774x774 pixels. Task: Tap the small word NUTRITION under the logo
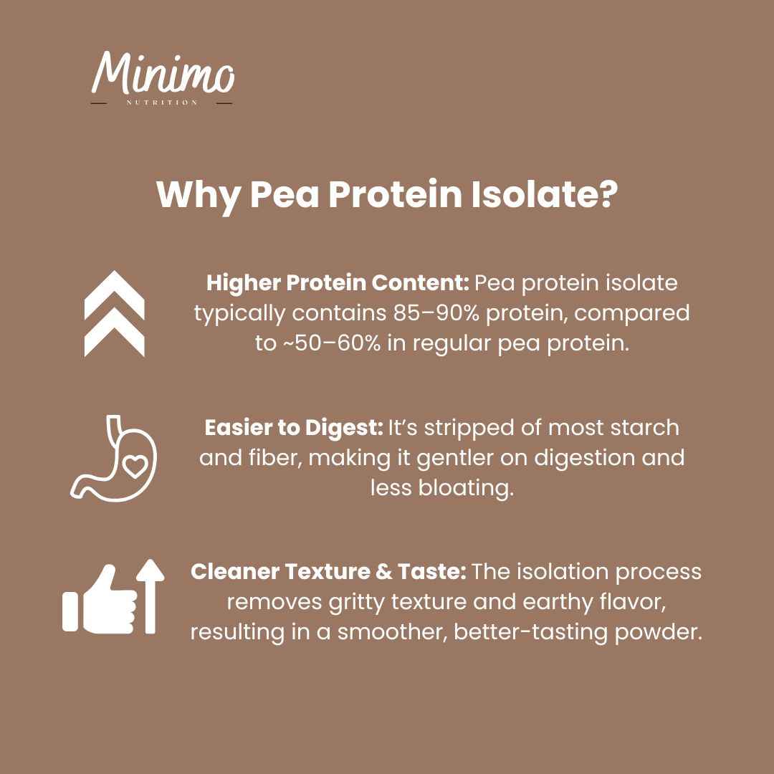pos(163,102)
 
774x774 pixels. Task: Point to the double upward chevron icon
pos(115,313)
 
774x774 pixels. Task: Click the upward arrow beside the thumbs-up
pos(150,595)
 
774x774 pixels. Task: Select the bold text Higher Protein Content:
pos(338,283)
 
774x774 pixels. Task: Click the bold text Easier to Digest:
pos(293,428)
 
